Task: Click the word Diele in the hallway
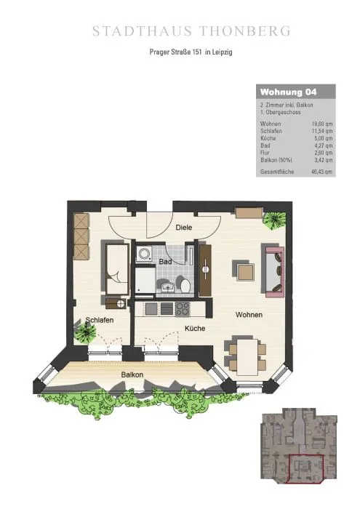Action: click(184, 227)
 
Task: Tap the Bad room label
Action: click(165, 261)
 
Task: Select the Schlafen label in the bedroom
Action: click(100, 320)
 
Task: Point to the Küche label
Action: click(195, 329)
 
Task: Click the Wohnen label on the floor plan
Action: click(249, 315)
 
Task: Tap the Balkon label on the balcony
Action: click(132, 374)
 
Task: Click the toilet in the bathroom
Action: click(185, 285)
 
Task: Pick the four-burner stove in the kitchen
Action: click(183, 308)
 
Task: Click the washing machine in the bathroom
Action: click(143, 254)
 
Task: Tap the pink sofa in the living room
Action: click(275, 271)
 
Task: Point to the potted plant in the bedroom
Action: click(85, 331)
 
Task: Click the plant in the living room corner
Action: click(275, 221)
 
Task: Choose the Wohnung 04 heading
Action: click(288, 92)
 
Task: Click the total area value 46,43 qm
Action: click(321, 172)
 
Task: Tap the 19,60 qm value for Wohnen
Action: click(322, 124)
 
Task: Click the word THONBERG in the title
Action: click(245, 31)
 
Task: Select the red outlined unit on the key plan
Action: click(305, 469)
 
